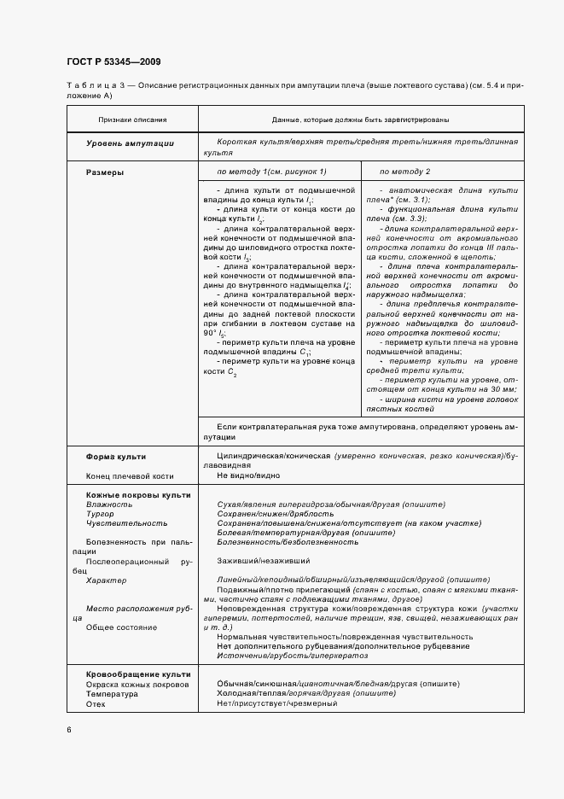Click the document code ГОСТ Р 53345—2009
click(113, 61)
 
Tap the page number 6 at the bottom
click(68, 730)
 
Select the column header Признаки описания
click(132, 120)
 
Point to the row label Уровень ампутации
click(130, 144)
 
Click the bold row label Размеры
click(105, 172)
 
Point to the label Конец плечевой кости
click(130, 475)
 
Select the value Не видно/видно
click(248, 475)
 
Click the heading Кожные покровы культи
click(126, 495)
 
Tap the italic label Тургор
click(99, 514)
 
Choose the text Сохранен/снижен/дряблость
click(266, 514)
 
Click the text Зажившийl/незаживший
click(263, 561)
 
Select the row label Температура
click(111, 693)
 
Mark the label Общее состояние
click(121, 627)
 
